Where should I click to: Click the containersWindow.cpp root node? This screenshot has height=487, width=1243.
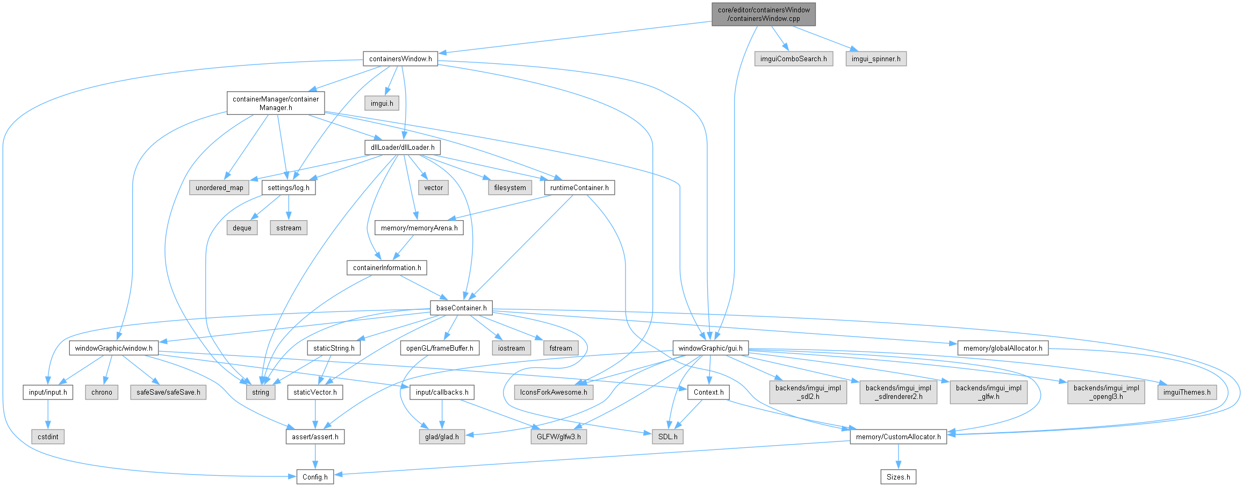763,14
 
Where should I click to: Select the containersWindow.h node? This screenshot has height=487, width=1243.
400,59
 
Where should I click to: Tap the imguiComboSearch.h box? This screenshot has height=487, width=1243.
793,59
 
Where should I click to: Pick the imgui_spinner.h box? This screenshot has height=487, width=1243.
875,59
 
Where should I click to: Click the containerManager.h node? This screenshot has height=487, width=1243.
275,103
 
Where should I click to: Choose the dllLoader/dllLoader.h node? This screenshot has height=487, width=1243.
403,147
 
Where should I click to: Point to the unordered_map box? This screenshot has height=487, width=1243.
219,187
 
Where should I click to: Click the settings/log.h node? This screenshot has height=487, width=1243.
289,187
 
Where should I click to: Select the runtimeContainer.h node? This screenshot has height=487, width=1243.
579,187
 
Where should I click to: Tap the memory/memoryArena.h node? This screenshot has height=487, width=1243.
419,228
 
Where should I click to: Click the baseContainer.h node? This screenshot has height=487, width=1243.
461,308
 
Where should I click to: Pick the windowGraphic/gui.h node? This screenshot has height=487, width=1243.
710,348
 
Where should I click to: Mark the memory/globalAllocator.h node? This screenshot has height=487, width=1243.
1003,348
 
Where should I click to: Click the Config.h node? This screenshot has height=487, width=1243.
315,477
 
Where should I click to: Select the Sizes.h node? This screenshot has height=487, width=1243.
898,477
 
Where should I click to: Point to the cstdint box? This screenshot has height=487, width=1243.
48,437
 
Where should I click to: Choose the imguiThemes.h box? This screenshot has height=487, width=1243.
1187,392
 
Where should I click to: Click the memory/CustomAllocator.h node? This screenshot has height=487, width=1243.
898,437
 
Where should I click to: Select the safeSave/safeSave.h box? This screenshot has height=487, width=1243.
168,392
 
